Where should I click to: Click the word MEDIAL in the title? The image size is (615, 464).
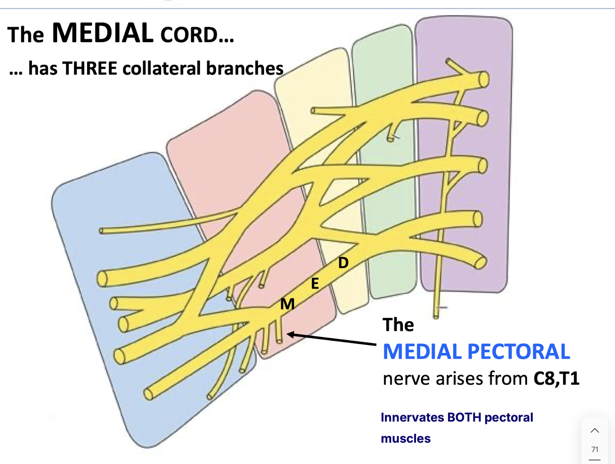[102, 33]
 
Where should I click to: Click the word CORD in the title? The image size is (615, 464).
[189, 35]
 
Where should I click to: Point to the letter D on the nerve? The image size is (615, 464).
[343, 262]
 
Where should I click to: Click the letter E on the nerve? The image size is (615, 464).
[315, 284]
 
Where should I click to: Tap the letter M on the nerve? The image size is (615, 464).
[287, 304]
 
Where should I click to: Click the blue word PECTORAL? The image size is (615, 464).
[519, 351]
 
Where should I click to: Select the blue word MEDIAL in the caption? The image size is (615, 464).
[422, 351]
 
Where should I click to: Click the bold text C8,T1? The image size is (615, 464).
[556, 379]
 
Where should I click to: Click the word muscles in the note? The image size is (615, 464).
[405, 438]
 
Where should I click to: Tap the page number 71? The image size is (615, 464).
[595, 450]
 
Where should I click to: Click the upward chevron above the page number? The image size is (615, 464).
[595, 430]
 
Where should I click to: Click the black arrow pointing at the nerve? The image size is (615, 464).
[331, 339]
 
